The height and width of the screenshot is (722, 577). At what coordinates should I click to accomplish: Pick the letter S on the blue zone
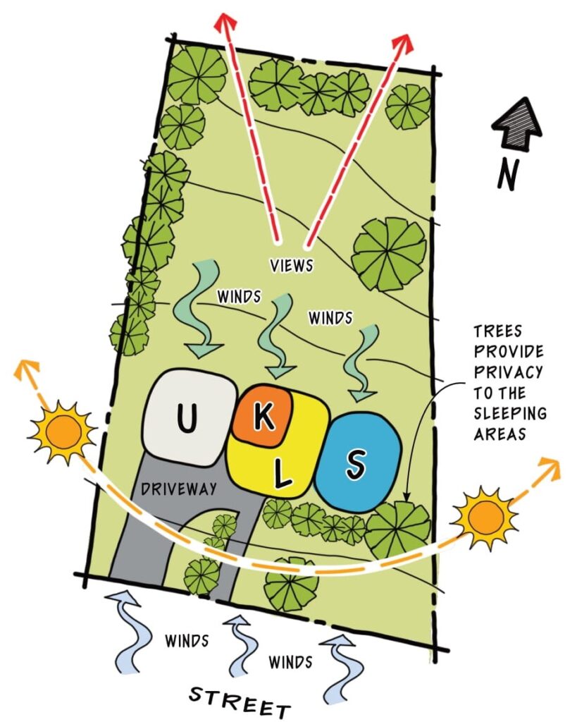click(356, 463)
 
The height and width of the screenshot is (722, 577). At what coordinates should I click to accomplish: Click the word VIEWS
click(292, 267)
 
